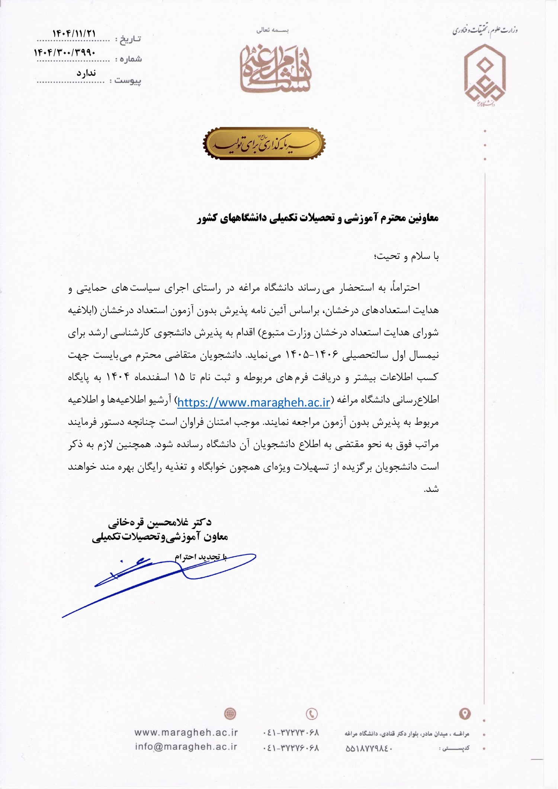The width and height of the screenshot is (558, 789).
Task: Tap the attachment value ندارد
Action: [x=86, y=73]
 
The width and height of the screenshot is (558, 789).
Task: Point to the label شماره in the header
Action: [x=128, y=59]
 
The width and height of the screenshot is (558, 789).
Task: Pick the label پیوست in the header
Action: [x=128, y=81]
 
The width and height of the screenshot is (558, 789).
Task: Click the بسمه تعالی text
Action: [x=272, y=30]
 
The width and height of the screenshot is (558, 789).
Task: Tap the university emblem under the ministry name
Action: [x=484, y=74]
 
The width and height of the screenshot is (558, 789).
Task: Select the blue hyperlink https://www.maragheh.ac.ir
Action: [x=254, y=402]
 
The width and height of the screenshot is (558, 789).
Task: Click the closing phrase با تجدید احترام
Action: [x=201, y=557]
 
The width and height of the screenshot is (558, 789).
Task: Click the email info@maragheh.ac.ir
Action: [x=186, y=747]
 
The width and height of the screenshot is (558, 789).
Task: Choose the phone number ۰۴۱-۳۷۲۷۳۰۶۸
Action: [x=291, y=732]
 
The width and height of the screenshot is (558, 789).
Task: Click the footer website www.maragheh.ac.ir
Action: [x=186, y=732]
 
